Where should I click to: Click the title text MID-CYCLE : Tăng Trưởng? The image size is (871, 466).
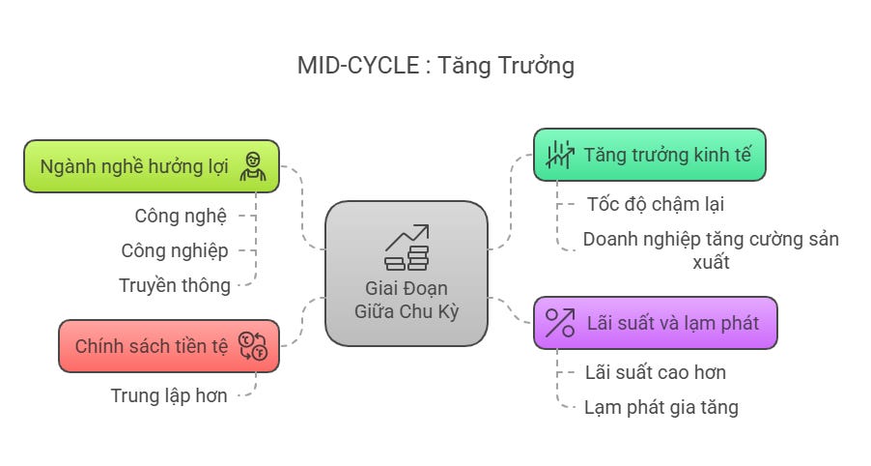click(435, 66)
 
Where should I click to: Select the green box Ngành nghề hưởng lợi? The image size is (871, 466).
click(134, 165)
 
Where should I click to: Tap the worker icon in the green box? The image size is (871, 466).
click(253, 166)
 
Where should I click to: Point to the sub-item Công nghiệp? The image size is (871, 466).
click(175, 250)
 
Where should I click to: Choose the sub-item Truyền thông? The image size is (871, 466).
click(175, 285)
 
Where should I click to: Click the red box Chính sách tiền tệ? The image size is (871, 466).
click(152, 346)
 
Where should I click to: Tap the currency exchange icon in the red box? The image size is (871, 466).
click(252, 346)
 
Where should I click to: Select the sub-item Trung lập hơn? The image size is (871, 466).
click(169, 395)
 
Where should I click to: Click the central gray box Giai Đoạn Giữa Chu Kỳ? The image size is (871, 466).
click(406, 274)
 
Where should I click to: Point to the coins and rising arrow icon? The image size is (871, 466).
click(407, 248)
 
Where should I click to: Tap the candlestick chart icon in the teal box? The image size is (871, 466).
click(558, 155)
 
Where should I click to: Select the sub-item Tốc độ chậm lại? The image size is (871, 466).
click(655, 204)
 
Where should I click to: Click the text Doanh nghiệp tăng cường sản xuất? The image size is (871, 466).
click(710, 249)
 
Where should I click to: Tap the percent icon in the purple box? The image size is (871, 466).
click(559, 323)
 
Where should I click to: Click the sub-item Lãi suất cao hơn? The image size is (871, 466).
click(656, 372)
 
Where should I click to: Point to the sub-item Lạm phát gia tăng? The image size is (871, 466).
click(661, 407)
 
